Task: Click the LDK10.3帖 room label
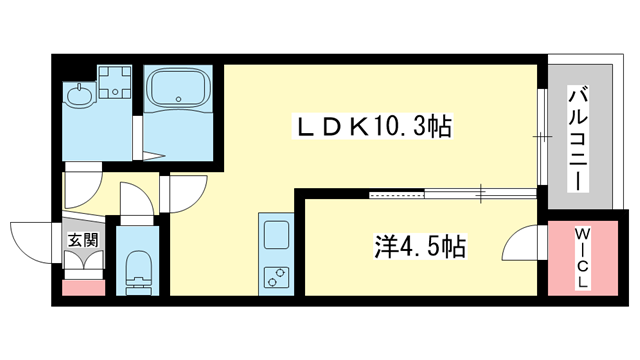[x=371, y=127]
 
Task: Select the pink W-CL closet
[x=582, y=254]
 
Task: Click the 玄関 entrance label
[x=81, y=240]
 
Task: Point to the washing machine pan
[x=115, y=82]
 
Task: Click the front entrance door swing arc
[x=30, y=240]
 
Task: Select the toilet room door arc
[x=135, y=201]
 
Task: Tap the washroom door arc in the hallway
[x=82, y=188]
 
